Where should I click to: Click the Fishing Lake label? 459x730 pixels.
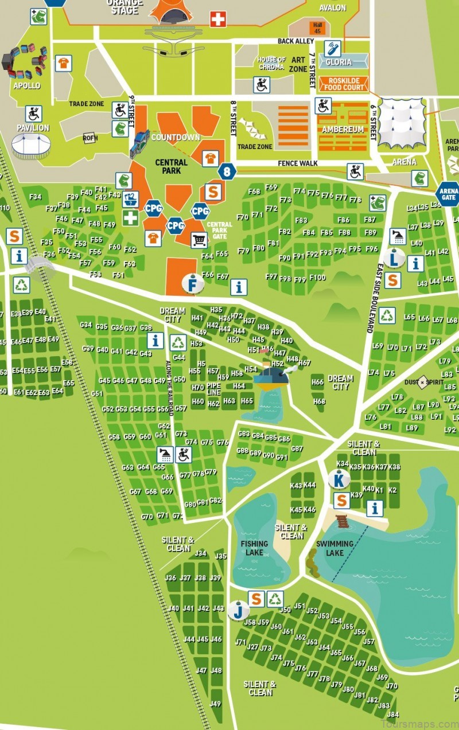point(254,548)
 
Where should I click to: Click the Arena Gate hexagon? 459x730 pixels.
point(448,194)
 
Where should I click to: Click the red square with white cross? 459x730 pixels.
point(217,20)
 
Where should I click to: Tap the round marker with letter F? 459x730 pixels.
point(193,283)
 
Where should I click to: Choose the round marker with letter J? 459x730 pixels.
point(238,610)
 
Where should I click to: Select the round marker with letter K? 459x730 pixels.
point(339,479)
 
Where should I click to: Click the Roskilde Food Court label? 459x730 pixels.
point(343,84)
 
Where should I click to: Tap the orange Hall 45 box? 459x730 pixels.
point(317,26)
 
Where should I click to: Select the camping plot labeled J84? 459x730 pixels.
point(392,715)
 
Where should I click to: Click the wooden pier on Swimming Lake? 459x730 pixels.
point(343,521)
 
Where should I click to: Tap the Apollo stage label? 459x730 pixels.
point(27,85)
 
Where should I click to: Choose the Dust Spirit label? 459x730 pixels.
point(423,382)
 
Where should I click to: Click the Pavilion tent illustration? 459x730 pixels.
point(32,146)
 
